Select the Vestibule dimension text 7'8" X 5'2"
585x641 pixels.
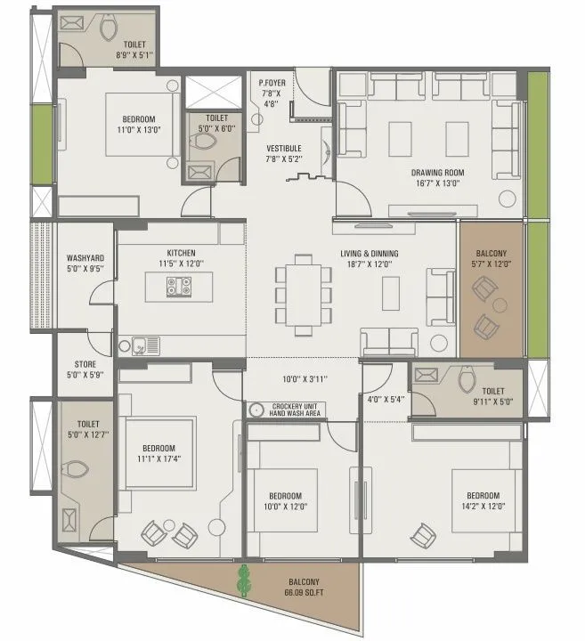click(284, 158)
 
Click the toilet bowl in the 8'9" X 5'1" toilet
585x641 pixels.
click(109, 30)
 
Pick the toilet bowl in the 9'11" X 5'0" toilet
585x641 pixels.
click(467, 379)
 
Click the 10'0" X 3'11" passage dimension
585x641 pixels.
click(305, 379)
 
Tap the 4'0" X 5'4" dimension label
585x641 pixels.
click(386, 399)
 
